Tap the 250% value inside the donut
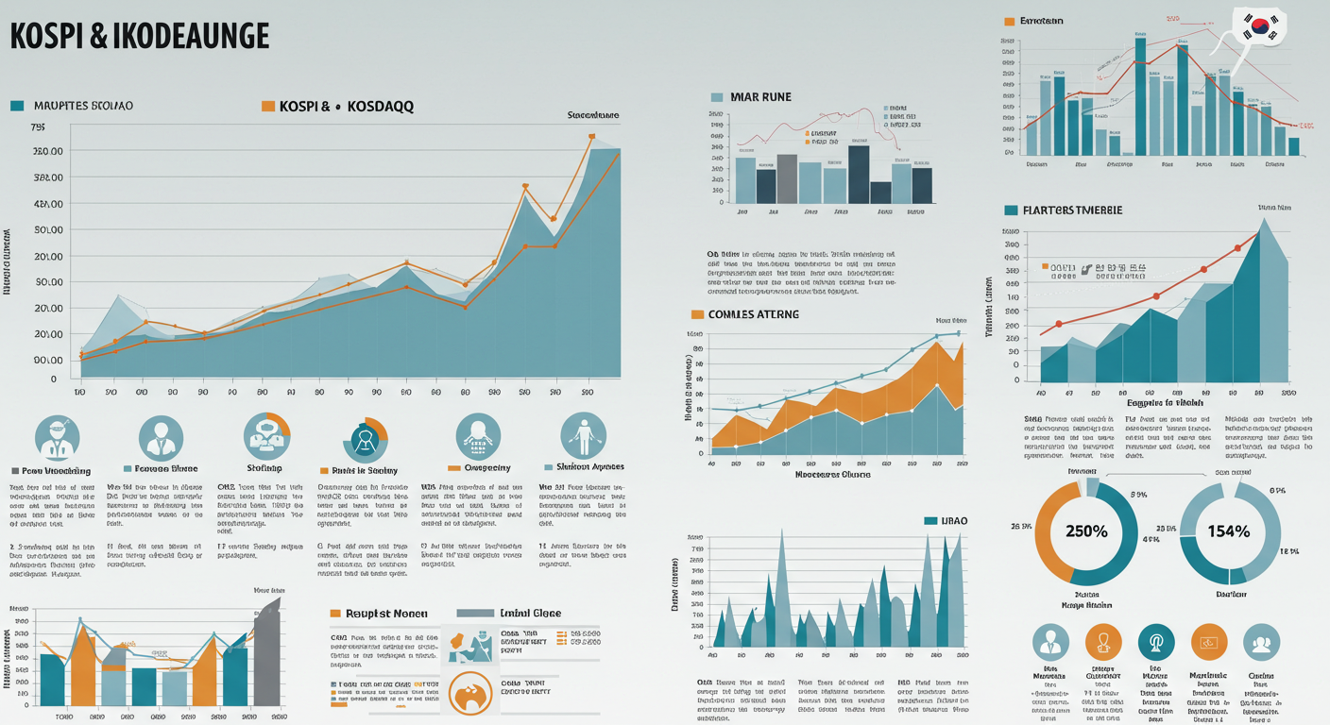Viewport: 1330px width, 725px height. pyautogui.click(x=1086, y=531)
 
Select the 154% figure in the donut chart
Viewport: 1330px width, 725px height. pyautogui.click(x=1230, y=531)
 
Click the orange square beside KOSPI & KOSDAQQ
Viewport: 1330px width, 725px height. pyautogui.click(x=267, y=107)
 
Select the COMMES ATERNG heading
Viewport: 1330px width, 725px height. pyautogui.click(x=752, y=313)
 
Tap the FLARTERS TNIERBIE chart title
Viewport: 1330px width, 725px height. pyautogui.click(x=1072, y=210)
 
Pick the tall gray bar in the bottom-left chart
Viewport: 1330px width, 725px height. pyautogui.click(x=267, y=651)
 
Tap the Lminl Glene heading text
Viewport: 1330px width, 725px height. pyautogui.click(x=529, y=614)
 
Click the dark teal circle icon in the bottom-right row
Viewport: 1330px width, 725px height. pyautogui.click(x=1155, y=642)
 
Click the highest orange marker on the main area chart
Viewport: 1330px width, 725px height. pyautogui.click(x=591, y=137)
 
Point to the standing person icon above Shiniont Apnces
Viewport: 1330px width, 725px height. pyautogui.click(x=581, y=436)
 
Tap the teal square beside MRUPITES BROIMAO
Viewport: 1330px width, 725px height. pyautogui.click(x=16, y=106)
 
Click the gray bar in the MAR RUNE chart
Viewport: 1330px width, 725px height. pyautogui.click(x=787, y=178)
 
